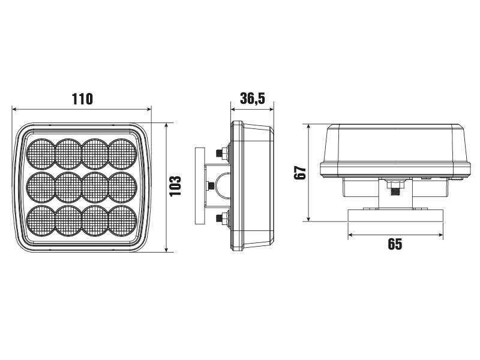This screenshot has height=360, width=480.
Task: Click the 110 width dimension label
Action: point(82,98)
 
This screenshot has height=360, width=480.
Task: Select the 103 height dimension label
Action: point(175,188)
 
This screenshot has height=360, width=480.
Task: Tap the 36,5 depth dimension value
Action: point(252,98)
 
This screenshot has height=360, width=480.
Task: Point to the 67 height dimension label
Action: point(301,173)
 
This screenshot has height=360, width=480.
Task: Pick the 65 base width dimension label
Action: point(395,244)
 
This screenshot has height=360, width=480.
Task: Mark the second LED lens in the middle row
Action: point(68,187)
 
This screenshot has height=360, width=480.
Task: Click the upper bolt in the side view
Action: point(224,154)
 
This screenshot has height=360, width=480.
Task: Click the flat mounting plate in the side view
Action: point(199,185)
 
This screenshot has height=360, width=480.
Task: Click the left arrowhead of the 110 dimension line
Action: point(15,109)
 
